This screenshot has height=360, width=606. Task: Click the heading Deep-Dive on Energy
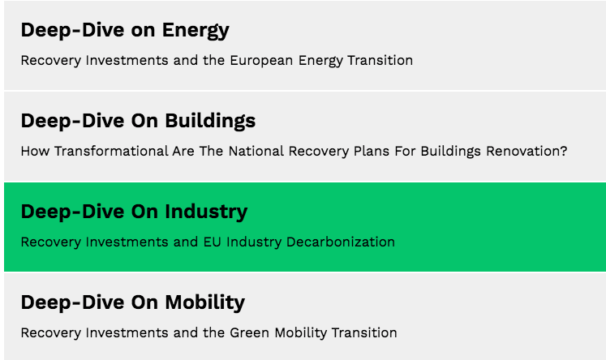coord(125,31)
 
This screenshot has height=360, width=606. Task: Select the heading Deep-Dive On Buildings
coord(138,122)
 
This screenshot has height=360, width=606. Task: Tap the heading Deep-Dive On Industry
coord(134,212)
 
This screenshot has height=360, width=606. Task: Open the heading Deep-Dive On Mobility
coord(132,303)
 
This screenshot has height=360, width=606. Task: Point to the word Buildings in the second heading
coord(210,122)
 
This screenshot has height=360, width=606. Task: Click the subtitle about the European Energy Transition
coord(217,61)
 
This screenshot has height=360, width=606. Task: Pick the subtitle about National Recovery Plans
coord(294,152)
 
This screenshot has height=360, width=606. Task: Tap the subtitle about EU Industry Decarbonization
coord(208,242)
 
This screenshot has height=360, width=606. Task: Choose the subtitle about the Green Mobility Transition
coord(208,333)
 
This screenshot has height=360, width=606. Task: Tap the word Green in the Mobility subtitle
coord(252,333)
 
